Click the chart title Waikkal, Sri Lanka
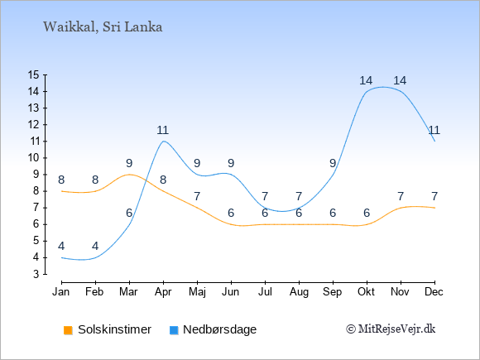click(x=103, y=27)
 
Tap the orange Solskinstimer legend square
click(x=68, y=330)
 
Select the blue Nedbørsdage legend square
click(x=174, y=330)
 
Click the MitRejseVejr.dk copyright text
click(x=391, y=329)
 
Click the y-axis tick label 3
click(x=36, y=274)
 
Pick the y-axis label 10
click(x=33, y=158)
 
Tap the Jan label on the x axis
click(x=61, y=292)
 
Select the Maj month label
click(x=197, y=292)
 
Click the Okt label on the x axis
click(x=366, y=292)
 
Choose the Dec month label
click(x=434, y=292)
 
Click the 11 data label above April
click(x=163, y=131)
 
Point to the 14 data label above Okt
click(x=366, y=81)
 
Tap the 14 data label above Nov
click(x=400, y=81)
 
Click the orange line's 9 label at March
click(x=129, y=164)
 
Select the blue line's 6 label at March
click(x=129, y=213)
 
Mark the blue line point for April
click(x=164, y=142)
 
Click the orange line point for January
click(x=61, y=191)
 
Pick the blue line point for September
click(x=333, y=175)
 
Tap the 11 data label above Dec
click(x=434, y=131)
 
